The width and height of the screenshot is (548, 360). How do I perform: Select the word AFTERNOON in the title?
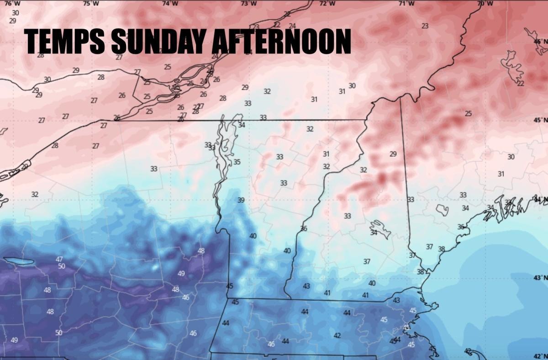[281, 41]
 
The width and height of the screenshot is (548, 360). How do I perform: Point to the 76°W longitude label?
[15, 4]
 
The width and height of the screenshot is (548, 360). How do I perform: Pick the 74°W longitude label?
[170, 4]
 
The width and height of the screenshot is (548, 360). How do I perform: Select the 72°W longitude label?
[327, 4]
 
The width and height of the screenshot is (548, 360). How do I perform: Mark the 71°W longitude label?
[406, 4]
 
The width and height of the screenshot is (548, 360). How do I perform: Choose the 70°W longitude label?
[485, 4]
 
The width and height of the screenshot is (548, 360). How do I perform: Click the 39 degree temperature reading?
[241, 200]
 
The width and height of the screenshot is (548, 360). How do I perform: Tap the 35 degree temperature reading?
[237, 162]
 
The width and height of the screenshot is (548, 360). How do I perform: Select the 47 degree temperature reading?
[59, 259]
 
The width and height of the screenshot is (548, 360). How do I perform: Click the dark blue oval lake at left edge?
[19, 261]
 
